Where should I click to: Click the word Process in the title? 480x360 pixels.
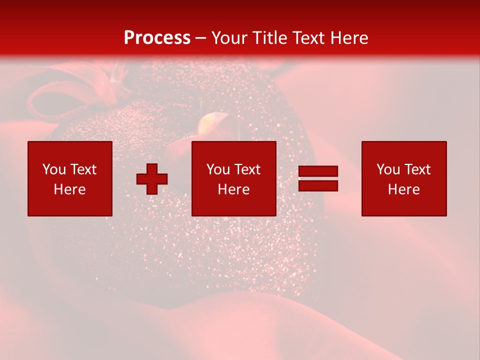click(157, 38)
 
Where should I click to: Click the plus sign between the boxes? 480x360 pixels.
click(152, 178)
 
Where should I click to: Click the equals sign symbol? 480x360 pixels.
click(318, 178)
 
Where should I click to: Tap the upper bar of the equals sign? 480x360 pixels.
click(318, 171)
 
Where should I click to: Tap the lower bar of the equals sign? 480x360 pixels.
click(318, 185)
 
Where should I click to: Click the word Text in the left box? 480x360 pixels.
click(83, 169)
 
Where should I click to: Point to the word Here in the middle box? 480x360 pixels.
click(233, 189)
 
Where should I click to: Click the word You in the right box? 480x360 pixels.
click(388, 169)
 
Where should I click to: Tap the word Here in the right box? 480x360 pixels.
click(404, 189)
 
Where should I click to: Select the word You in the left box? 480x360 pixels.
click(54, 169)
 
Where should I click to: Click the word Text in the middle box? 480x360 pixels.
click(247, 169)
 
